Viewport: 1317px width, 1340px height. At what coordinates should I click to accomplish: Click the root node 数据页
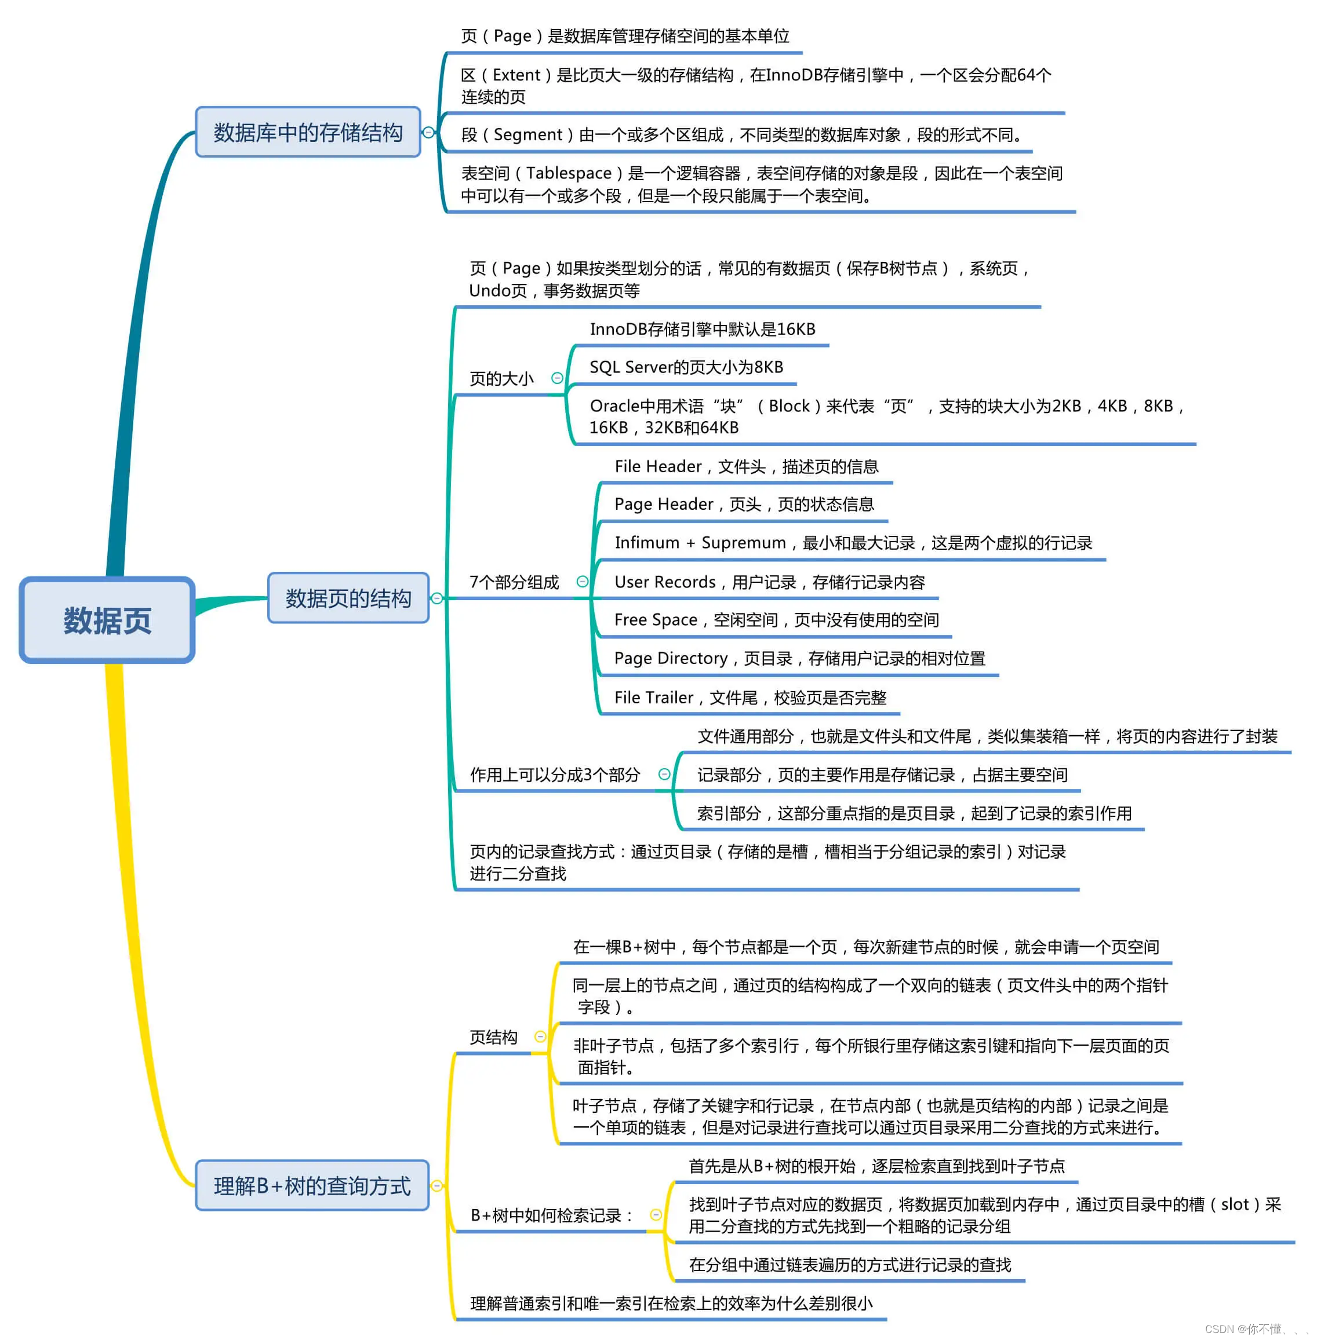tap(107, 620)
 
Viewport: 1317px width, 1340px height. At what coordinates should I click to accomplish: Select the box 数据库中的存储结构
tap(308, 132)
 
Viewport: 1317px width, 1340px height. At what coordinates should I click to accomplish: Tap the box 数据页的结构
tap(348, 598)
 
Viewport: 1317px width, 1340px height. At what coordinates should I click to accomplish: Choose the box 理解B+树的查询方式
tap(312, 1186)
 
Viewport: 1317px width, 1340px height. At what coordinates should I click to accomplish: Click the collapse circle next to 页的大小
tap(557, 378)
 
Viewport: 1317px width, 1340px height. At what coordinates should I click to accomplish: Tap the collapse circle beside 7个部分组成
tap(583, 582)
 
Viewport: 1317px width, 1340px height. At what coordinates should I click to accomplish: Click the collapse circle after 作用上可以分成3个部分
tap(664, 775)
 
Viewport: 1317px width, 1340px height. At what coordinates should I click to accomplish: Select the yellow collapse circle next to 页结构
tap(540, 1036)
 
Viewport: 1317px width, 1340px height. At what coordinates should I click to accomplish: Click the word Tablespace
tap(569, 173)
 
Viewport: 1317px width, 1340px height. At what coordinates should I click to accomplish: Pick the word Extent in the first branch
tap(516, 75)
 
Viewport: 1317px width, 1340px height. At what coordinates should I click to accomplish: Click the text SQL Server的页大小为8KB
tap(686, 367)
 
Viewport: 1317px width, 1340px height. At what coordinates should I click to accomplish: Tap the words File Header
tap(658, 467)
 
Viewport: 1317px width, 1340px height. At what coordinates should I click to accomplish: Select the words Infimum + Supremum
tap(700, 543)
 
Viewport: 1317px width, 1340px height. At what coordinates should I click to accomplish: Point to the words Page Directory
tap(670, 658)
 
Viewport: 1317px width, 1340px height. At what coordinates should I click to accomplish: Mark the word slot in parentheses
tap(1235, 1204)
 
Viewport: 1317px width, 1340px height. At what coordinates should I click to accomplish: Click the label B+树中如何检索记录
tap(551, 1215)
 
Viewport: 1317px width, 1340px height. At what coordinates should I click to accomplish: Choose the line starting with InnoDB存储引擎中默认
tap(702, 329)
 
